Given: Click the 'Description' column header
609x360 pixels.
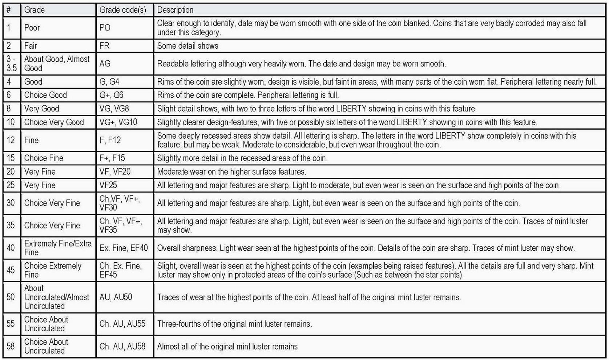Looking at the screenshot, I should pyautogui.click(x=175, y=10).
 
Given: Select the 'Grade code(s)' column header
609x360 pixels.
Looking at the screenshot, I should pyautogui.click(x=123, y=10).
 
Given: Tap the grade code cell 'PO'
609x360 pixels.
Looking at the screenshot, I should pyautogui.click(x=105, y=28).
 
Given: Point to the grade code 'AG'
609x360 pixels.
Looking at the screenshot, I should pyautogui.click(x=105, y=64).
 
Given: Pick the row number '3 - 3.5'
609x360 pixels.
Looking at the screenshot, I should pyautogui.click(x=12, y=64).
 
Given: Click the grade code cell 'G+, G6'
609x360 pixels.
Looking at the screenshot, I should pyautogui.click(x=112, y=95).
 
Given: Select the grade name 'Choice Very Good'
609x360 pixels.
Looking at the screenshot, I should pyautogui.click(x=54, y=122).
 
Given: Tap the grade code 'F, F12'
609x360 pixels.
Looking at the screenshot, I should pyautogui.click(x=110, y=140).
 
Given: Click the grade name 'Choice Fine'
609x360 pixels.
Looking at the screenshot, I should pyautogui.click(x=44, y=158).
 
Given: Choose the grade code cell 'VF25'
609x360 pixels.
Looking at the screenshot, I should pyautogui.click(x=108, y=185).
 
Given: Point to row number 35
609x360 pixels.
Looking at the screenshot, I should pyautogui.click(x=11, y=225).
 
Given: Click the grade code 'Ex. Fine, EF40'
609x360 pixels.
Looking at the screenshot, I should pyautogui.click(x=124, y=248).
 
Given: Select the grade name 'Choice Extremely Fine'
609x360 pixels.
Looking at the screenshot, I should pyautogui.click(x=53, y=270).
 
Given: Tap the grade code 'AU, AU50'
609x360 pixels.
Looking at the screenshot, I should pyautogui.click(x=116, y=297).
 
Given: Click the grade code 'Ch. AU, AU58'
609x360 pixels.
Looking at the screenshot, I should pyautogui.click(x=122, y=346).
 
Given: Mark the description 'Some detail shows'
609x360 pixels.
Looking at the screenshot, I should pyautogui.click(x=187, y=46).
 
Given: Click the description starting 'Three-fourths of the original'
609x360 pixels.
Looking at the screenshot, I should pyautogui.click(x=234, y=324).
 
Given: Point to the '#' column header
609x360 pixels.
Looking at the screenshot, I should pyautogui.click(x=8, y=10).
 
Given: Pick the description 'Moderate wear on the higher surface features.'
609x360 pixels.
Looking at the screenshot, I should pyautogui.click(x=231, y=171).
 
